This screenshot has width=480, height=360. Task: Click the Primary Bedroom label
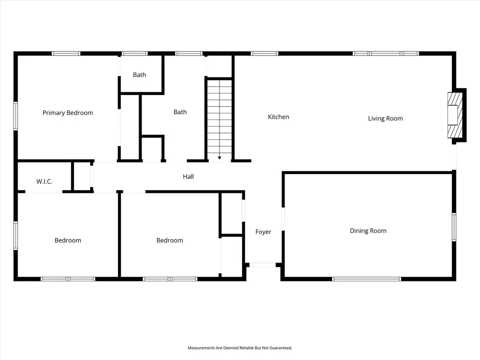[x=67, y=113]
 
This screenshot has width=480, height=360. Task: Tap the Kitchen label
[x=278, y=116]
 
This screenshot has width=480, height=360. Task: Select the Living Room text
[x=385, y=118]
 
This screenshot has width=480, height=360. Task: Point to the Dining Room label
[x=368, y=231]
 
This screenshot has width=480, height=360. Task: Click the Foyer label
[x=263, y=232]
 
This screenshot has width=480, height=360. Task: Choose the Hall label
[x=188, y=176]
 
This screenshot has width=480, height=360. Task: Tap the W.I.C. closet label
[x=44, y=181]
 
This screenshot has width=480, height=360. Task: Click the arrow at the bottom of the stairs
[x=219, y=157]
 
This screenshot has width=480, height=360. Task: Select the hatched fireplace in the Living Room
[x=455, y=115]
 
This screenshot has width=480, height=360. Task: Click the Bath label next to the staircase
[x=180, y=112]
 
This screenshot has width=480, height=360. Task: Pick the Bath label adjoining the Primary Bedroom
[x=139, y=75]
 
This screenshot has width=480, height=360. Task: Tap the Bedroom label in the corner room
[x=67, y=240]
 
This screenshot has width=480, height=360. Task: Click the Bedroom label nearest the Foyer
[x=169, y=240]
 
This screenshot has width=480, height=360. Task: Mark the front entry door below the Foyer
[x=262, y=265]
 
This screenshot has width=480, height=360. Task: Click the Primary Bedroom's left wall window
[x=15, y=116]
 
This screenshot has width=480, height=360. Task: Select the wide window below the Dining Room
[x=366, y=279]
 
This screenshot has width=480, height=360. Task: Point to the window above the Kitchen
[x=264, y=53]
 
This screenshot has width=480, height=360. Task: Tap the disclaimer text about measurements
[x=240, y=348]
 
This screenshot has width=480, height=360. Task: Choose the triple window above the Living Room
[x=385, y=53]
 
